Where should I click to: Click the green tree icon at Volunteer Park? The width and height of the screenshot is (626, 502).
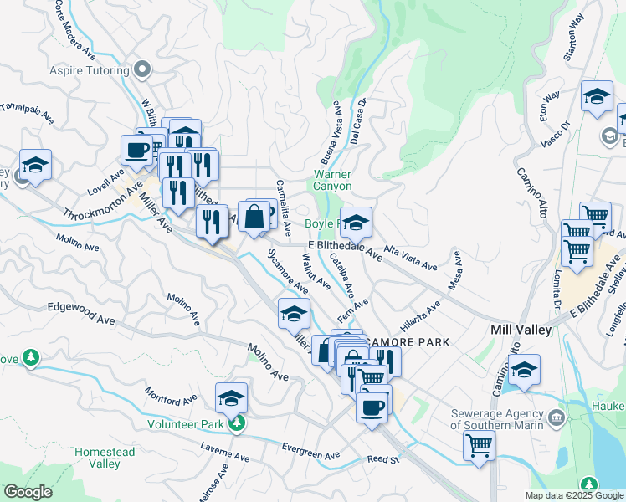pos(238,423)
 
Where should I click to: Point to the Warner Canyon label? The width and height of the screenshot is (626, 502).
pos(332,180)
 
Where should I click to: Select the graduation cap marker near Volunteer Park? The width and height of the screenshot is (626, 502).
pos(232,397)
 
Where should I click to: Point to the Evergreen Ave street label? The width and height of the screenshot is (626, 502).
pos(310,450)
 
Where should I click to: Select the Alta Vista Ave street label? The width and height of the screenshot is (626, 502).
pos(411,258)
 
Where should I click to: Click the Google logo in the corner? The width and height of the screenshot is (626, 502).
pos(28,492)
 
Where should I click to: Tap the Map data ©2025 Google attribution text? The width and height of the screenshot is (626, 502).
pos(573,495)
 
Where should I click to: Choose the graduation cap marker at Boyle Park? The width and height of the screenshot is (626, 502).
pos(356,223)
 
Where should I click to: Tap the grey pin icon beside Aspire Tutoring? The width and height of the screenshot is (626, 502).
pos(144,70)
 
